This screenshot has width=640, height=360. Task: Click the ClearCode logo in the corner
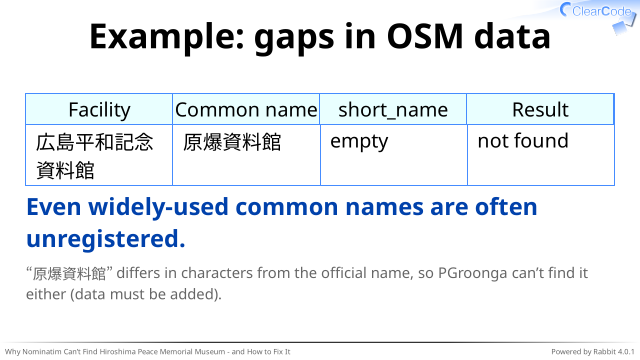(x=598, y=15)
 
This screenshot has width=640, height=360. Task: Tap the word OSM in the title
(x=424, y=36)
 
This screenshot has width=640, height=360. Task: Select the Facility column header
(x=99, y=109)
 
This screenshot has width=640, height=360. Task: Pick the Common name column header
(x=246, y=109)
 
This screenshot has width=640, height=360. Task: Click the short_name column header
(x=393, y=109)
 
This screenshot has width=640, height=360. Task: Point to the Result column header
(x=540, y=109)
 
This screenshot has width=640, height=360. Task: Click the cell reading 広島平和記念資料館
(x=99, y=155)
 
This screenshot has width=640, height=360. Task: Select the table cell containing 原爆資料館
(x=246, y=155)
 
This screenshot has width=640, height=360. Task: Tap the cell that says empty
(x=393, y=155)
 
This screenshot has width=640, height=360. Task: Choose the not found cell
(x=540, y=155)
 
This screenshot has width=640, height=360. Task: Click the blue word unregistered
(x=106, y=239)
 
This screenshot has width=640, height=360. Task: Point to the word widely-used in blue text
(x=158, y=207)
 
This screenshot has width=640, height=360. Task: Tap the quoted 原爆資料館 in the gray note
(x=69, y=273)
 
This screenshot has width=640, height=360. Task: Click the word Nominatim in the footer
(x=37, y=352)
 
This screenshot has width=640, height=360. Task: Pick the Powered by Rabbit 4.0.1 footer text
(x=593, y=352)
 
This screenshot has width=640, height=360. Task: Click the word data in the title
(x=512, y=36)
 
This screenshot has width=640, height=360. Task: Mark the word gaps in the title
(x=293, y=39)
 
